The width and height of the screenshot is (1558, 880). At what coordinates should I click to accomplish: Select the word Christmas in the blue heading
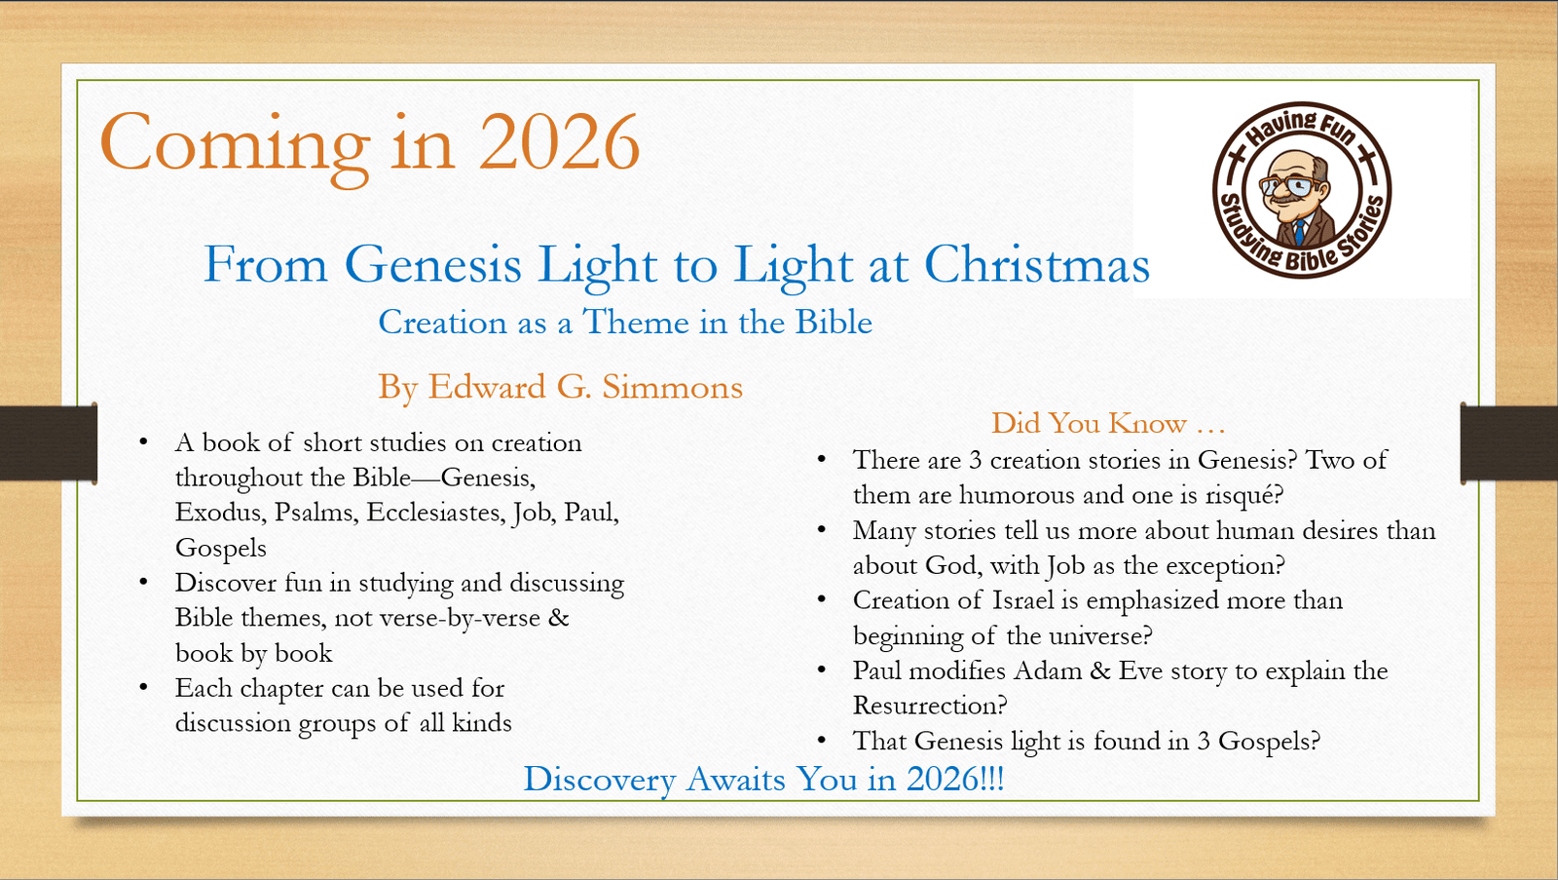(1036, 264)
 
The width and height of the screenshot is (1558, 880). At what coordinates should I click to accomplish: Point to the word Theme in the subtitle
(636, 322)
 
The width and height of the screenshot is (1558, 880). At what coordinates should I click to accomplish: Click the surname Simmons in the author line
(672, 387)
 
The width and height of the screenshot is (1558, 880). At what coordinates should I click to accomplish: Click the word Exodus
(219, 513)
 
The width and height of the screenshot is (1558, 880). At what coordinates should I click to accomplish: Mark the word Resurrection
(929, 706)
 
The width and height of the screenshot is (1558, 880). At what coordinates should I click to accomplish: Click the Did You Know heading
(1107, 423)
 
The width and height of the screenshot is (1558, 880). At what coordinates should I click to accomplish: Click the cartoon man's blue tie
(1299, 232)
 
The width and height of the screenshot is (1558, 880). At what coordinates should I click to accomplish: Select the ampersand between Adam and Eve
(1099, 671)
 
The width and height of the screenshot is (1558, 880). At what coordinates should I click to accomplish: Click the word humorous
(1018, 495)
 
